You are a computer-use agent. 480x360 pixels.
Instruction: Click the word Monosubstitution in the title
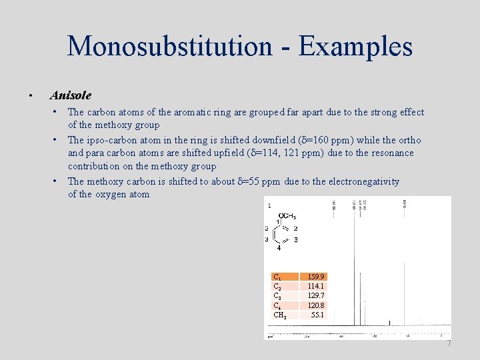169,46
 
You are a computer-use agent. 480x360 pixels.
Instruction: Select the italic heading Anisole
71,95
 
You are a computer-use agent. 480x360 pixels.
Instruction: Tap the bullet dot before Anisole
31,96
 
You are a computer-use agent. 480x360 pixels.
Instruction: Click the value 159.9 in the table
316,277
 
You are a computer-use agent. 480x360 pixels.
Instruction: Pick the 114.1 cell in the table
316,286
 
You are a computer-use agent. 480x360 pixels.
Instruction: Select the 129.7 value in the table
316,295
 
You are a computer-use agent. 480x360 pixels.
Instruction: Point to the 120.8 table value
316,305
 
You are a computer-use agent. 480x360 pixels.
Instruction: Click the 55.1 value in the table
317,314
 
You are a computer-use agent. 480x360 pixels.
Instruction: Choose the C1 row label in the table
277,277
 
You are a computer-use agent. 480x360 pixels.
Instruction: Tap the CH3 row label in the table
280,315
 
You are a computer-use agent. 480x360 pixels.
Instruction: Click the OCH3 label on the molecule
287,216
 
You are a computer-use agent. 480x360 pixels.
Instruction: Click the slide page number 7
449,343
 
